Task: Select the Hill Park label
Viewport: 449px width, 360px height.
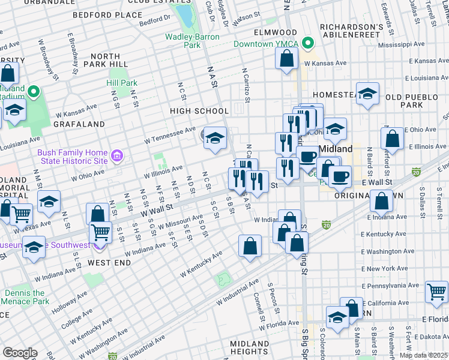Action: (x=122, y=83)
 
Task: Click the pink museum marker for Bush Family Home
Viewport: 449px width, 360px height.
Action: (x=117, y=157)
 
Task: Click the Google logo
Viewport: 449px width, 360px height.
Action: (x=19, y=352)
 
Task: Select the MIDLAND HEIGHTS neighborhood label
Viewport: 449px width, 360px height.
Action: (x=249, y=347)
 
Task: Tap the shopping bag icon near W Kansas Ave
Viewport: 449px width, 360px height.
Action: (x=287, y=58)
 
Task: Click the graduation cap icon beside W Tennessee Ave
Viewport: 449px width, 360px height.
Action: (x=215, y=139)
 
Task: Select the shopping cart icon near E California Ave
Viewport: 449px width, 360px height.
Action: (x=436, y=292)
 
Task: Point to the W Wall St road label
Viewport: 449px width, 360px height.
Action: (x=157, y=210)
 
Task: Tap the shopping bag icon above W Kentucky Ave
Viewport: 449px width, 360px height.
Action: (x=250, y=246)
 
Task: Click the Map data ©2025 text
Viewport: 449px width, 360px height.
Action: (x=423, y=355)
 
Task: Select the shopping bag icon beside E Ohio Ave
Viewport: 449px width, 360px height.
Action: (x=392, y=138)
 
